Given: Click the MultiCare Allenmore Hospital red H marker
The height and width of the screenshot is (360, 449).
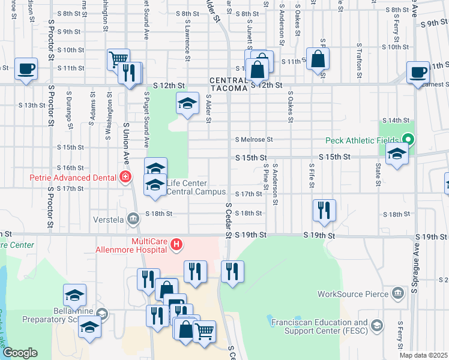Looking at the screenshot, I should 176,244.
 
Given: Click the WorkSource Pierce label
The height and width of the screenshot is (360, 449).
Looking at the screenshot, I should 353,294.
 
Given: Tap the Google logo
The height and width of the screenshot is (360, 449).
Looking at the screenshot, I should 20,353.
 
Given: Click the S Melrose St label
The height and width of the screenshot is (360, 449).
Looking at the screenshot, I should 253,140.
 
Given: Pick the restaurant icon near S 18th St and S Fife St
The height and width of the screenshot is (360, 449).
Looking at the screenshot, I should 324,210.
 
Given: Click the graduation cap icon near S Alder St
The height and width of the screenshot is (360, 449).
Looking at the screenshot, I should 187,103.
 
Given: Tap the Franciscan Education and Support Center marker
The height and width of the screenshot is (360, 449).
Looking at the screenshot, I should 377,326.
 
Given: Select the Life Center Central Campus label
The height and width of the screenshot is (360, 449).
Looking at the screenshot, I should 196,187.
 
